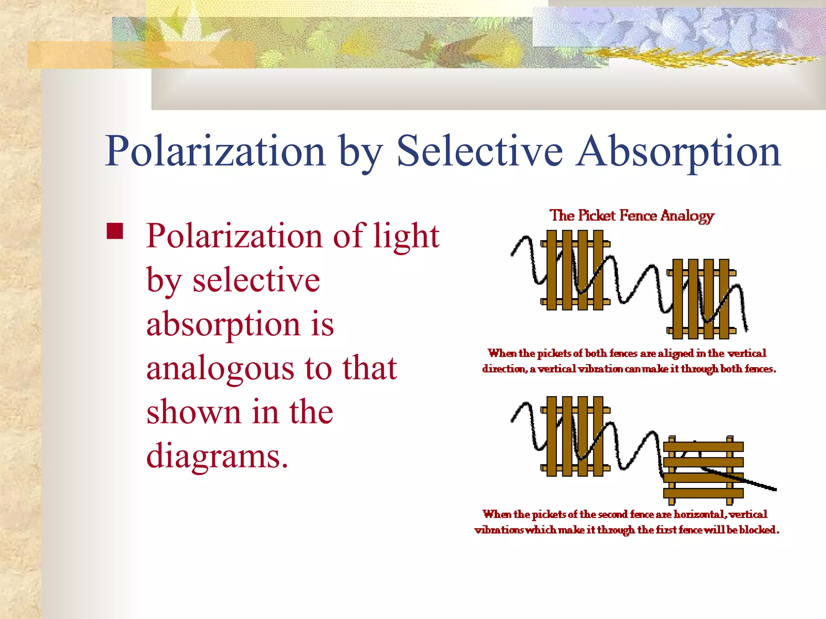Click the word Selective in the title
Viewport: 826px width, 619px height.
[480, 151]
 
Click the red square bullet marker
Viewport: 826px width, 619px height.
[115, 231]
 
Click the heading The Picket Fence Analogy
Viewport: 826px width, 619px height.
[632, 216]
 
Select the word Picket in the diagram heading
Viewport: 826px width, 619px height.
[597, 216]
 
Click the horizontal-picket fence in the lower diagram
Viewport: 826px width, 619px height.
[703, 470]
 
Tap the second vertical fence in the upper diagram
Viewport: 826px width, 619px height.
[701, 299]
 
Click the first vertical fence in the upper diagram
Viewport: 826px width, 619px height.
[575, 270]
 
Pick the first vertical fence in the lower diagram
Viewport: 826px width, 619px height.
[575, 436]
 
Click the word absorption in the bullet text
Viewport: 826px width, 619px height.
[223, 324]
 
